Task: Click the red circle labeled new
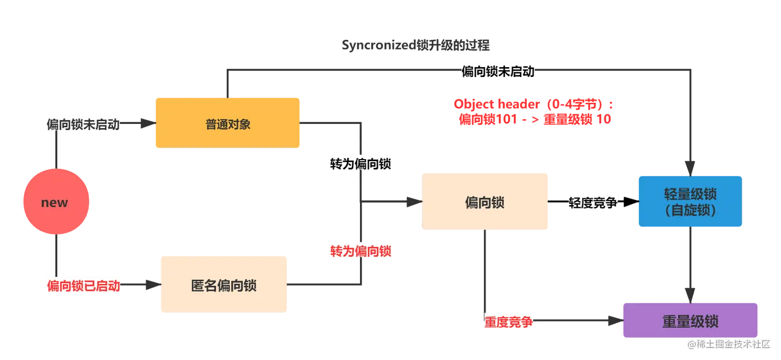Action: pyautogui.click(x=56, y=202)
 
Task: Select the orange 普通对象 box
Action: pyautogui.click(x=227, y=123)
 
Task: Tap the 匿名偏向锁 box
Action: pyautogui.click(x=224, y=285)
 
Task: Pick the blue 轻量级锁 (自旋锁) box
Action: pyautogui.click(x=690, y=201)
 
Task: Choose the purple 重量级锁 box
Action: pyautogui.click(x=690, y=321)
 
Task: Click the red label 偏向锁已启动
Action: pyautogui.click(x=84, y=286)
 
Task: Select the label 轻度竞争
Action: pyautogui.click(x=592, y=203)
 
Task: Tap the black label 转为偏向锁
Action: pyautogui.click(x=361, y=164)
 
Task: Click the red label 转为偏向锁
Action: pyautogui.click(x=361, y=252)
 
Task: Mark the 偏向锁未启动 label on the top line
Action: pyautogui.click(x=497, y=72)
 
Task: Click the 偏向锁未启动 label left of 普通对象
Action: pyautogui.click(x=83, y=124)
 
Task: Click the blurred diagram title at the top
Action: pyautogui.click(x=415, y=45)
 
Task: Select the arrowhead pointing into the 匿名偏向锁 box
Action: pyautogui.click(x=149, y=285)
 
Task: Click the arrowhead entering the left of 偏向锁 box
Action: pyautogui.click(x=411, y=202)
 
